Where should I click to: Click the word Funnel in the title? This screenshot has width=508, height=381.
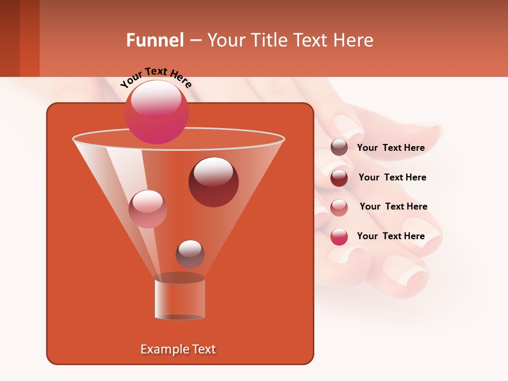155,40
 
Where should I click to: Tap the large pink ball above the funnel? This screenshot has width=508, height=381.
157,112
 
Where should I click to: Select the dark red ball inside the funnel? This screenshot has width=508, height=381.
213,182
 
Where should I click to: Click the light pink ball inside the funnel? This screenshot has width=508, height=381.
148,209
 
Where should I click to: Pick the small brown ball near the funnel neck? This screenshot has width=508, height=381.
190,255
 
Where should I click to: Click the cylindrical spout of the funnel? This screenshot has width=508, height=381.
180,299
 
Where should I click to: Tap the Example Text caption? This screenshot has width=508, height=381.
178,349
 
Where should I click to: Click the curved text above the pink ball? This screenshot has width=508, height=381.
156,77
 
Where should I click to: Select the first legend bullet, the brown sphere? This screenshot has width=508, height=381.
339,148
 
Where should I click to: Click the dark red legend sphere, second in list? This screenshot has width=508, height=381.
339,178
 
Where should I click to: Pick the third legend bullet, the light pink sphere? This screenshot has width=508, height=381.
339,207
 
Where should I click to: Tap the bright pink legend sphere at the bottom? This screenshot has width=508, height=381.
339,237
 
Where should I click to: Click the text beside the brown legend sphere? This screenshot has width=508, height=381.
391,148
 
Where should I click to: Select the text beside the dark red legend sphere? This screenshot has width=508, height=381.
392,178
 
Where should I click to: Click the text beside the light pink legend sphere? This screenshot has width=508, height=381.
393,207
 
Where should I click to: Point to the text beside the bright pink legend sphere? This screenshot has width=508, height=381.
391,237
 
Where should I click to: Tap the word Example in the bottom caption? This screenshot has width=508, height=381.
160,349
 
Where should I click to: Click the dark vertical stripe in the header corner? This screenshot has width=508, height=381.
10,38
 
